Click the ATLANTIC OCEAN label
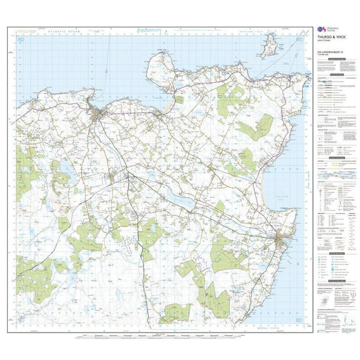click(x=71, y=31)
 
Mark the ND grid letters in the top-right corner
click(x=300, y=40)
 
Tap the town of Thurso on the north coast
click(x=99, y=117)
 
